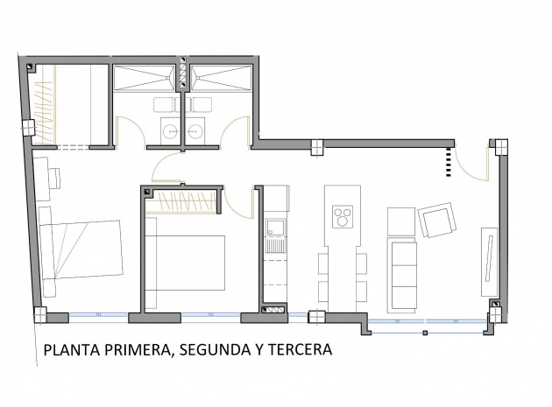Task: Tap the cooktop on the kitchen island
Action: coord(343,217)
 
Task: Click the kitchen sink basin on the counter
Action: coord(275,228)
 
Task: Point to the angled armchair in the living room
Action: coord(437,221)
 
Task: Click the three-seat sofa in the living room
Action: coord(401,275)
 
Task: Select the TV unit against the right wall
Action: coord(489,262)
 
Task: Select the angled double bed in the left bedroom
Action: coord(81,250)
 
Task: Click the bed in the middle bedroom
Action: coord(185,263)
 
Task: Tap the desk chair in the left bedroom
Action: coord(55,178)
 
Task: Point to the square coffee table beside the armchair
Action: coord(401,221)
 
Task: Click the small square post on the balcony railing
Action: coord(425,333)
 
